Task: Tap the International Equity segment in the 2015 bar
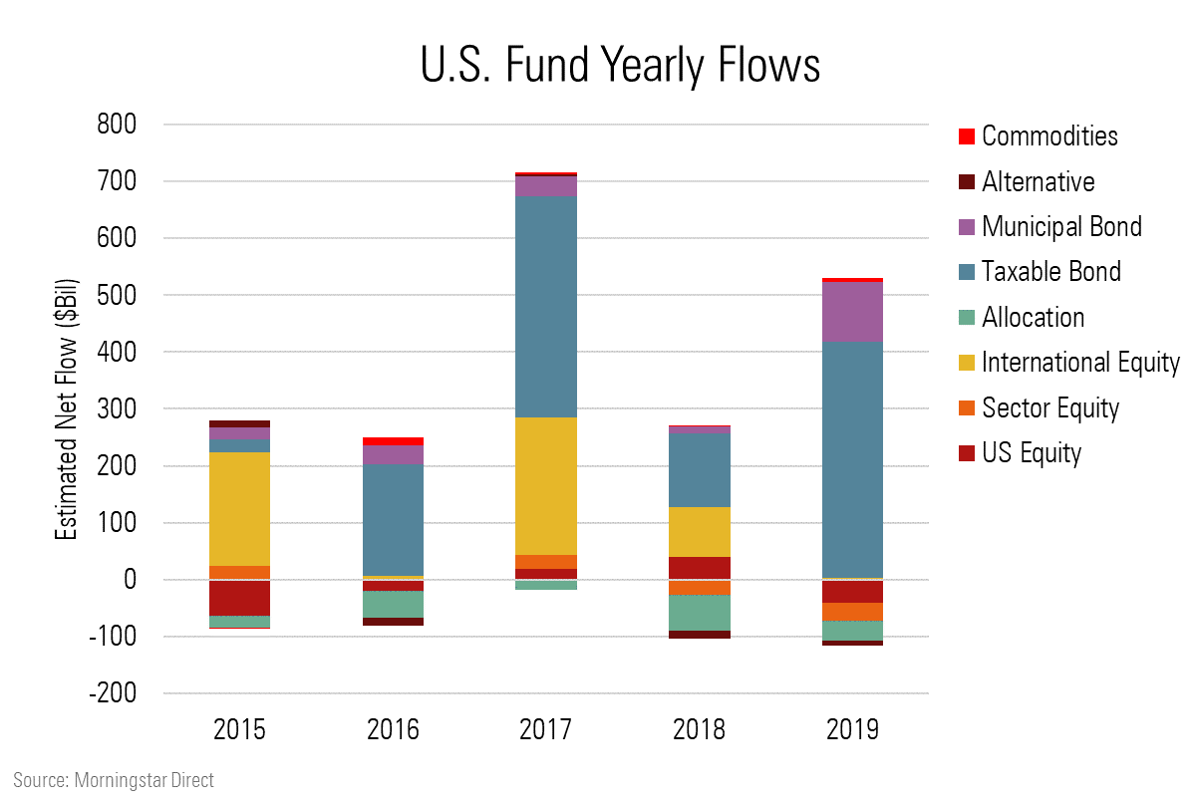coord(239,508)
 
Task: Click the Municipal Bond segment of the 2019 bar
coord(853,312)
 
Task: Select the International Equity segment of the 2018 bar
coord(700,532)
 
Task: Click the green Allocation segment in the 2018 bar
coord(700,613)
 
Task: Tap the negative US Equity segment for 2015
coord(239,598)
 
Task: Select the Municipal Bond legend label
coord(1061,226)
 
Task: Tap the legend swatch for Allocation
coord(964,318)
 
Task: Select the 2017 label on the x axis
coord(546,729)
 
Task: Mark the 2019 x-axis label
coord(853,729)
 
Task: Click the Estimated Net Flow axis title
coord(66,408)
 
